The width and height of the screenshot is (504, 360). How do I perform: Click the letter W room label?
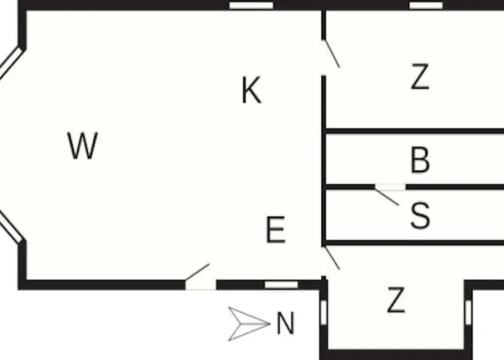(x=83, y=145)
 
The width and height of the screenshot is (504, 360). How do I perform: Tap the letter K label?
(x=251, y=90)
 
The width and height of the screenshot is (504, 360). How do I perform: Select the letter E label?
(x=276, y=230)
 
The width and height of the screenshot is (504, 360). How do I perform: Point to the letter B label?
(x=420, y=160)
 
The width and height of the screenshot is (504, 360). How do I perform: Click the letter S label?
(x=420, y=215)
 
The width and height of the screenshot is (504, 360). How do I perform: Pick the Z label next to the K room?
(x=420, y=76)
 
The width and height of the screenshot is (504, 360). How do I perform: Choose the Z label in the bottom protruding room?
(x=396, y=300)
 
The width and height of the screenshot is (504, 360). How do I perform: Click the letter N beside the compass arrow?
(x=285, y=323)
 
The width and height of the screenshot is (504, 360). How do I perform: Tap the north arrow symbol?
(x=249, y=324)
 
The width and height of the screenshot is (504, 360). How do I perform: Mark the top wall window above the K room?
(x=251, y=6)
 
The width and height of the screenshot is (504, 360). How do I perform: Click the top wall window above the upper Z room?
(x=426, y=6)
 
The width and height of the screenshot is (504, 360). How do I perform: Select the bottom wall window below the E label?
(x=282, y=285)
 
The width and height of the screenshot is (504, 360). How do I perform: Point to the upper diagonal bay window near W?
(x=11, y=63)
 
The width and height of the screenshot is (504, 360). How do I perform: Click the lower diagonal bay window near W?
(x=11, y=227)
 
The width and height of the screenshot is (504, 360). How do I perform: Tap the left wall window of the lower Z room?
(x=324, y=312)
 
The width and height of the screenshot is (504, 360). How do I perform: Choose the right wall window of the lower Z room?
(x=468, y=312)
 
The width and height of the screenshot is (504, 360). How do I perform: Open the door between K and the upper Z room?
(x=330, y=54)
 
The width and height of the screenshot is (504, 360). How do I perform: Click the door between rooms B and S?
(x=387, y=196)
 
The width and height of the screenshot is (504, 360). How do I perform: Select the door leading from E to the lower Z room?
(x=331, y=258)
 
